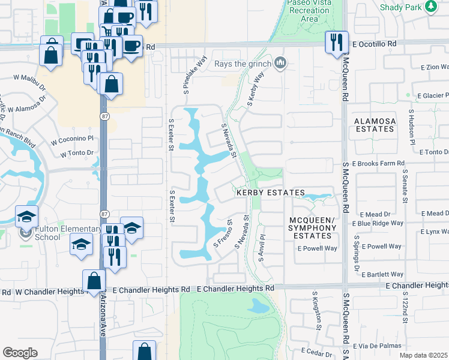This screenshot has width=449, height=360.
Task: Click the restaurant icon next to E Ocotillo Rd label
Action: point(335,43)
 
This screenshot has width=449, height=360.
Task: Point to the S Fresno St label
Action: point(223,235)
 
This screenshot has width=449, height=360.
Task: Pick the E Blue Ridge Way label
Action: point(381,223)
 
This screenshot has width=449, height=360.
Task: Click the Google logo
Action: point(20,353)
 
